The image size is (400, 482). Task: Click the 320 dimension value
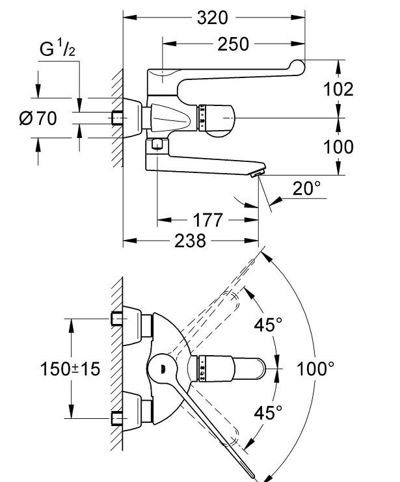pos(213,18)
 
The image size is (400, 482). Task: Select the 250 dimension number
pos(233,44)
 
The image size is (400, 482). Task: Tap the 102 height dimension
pos(338,90)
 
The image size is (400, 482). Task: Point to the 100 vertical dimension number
pos(338,147)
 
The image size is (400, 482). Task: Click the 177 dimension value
pos(207,220)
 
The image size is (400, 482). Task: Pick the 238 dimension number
pos(190,241)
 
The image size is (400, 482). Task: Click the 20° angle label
pos(306,188)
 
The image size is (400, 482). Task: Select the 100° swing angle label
pos(315,368)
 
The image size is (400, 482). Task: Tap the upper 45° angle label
pos(268,325)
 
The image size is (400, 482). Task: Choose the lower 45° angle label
pos(268,412)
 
